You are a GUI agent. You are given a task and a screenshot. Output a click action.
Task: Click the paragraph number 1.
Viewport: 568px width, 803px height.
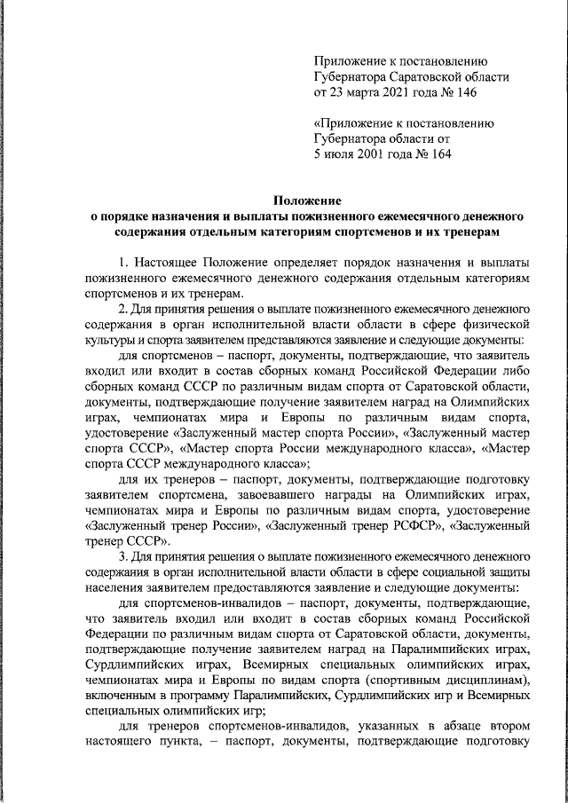tap(123, 263)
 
